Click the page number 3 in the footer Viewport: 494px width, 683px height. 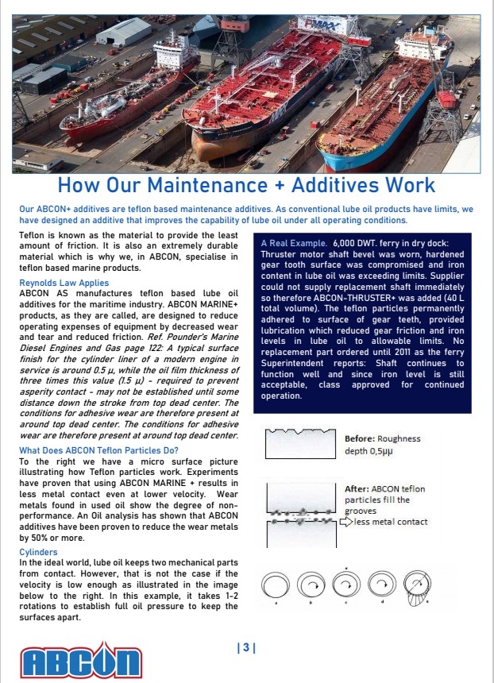pyautogui.click(x=245, y=648)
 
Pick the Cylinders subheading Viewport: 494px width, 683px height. pyautogui.click(x=38, y=550)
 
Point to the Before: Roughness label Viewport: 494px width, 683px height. pyautogui.click(x=382, y=438)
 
